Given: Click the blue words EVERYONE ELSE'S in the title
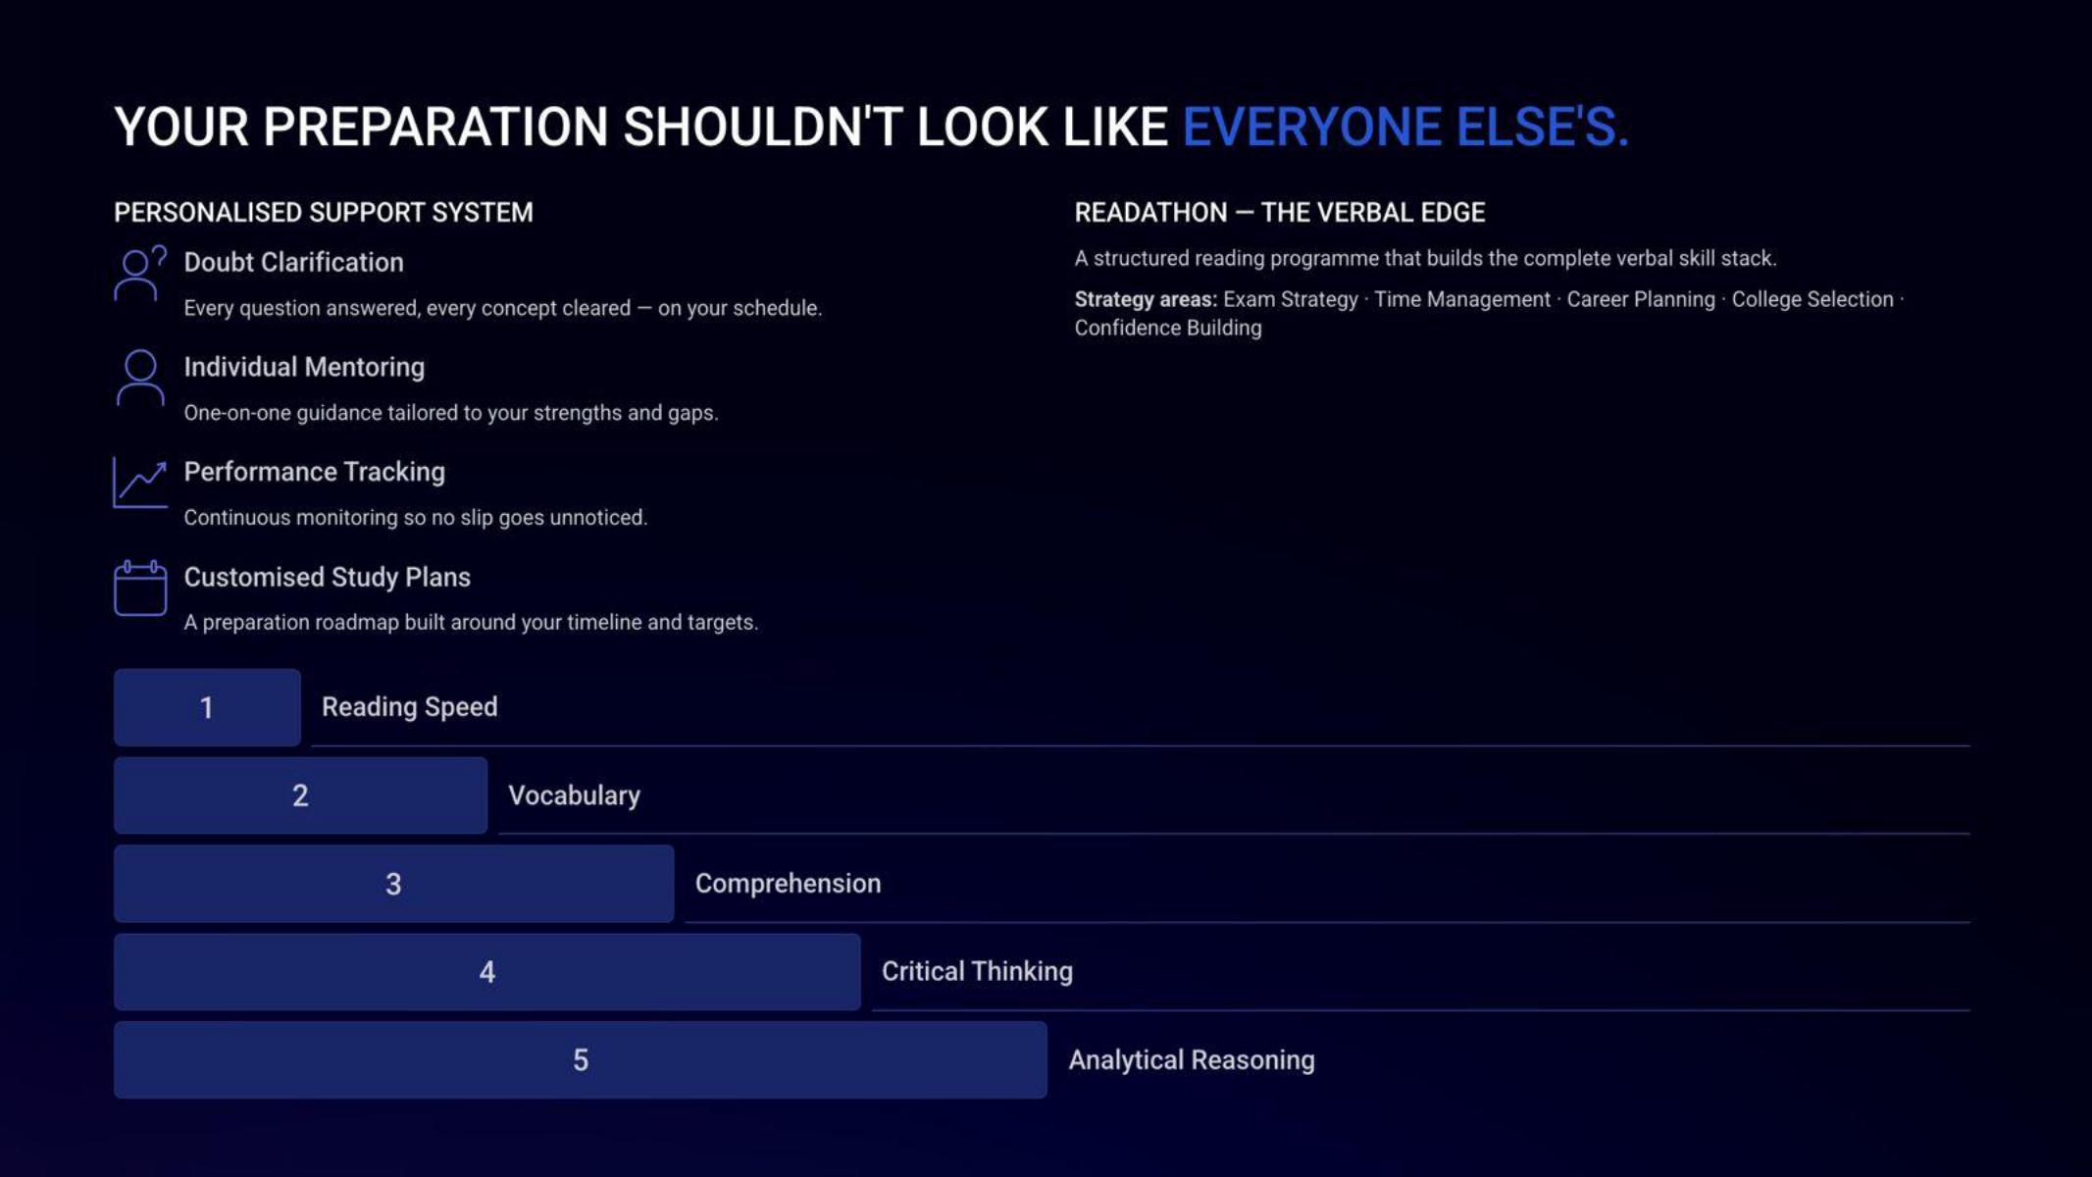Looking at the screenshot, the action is point(1404,128).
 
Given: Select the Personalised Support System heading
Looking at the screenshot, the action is point(324,213).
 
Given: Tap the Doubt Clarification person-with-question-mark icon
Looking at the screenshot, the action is point(140,274).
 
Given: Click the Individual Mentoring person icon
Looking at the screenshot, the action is point(140,378).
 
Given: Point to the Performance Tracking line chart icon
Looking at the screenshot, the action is point(140,483).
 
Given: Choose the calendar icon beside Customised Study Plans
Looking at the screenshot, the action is point(140,588).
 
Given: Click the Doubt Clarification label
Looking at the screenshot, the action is point(293,262).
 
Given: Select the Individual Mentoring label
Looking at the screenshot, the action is point(304,367).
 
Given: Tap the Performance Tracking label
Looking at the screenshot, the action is point(314,472).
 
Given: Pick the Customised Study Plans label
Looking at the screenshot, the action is point(327,577).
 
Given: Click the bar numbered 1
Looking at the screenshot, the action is point(207,707).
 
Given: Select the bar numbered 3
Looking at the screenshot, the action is point(393,884).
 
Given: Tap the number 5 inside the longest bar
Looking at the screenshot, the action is point(581,1060).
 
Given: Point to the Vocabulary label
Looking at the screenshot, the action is point(574,795).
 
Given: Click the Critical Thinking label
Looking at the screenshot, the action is point(977,971).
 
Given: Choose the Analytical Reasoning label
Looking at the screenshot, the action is point(1192,1060).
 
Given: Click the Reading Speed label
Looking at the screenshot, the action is point(410,707).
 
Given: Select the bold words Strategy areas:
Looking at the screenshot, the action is point(1146,299).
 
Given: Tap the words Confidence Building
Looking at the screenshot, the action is point(1168,328).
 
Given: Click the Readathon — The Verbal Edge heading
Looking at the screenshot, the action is point(1280,213).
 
